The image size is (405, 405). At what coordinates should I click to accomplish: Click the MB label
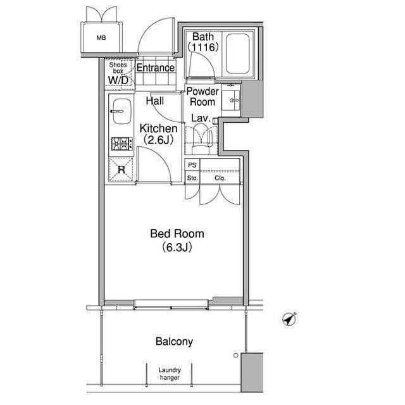tap(101, 38)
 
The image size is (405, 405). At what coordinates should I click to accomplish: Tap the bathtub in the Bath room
tap(238, 53)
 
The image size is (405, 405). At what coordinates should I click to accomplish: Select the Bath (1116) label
tap(203, 42)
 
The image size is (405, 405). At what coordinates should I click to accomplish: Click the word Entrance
tap(156, 68)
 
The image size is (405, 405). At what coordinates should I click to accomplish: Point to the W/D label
tap(118, 80)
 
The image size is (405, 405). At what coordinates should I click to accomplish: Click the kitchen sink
tap(122, 111)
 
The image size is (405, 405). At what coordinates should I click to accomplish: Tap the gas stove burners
tap(122, 144)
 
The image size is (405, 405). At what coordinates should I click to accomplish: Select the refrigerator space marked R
tap(121, 170)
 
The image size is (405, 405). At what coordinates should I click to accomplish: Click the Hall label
tap(155, 101)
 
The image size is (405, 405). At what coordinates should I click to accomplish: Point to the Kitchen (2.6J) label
tap(158, 134)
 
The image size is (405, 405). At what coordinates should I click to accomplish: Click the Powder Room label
tap(202, 97)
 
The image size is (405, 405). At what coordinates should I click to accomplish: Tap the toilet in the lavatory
tap(201, 139)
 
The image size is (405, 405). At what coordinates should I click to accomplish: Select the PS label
tap(192, 165)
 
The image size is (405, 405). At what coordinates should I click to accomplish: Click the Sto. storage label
tap(192, 178)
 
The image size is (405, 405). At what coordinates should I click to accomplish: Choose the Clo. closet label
tap(220, 178)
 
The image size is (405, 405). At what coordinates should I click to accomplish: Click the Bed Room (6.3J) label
tap(177, 240)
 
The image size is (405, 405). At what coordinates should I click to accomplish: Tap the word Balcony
tap(175, 342)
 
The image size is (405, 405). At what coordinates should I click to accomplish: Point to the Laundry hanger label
tap(170, 374)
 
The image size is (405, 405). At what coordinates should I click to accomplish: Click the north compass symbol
tap(289, 319)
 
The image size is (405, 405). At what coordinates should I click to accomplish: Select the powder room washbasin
tap(231, 101)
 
